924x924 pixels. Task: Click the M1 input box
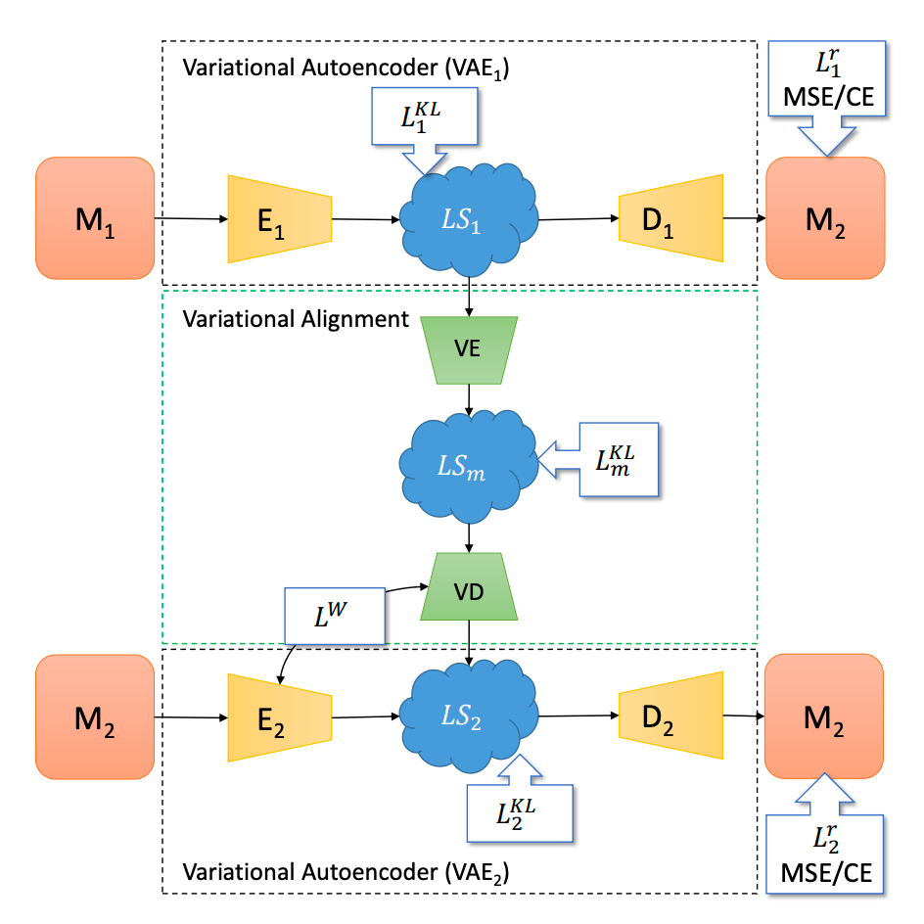point(95,219)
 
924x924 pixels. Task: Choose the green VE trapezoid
point(469,348)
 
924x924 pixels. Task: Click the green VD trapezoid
point(469,592)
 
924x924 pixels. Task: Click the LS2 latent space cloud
point(469,717)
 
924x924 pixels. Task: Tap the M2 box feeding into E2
point(95,717)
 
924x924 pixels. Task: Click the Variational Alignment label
point(293,318)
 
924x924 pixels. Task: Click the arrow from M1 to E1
point(191,219)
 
